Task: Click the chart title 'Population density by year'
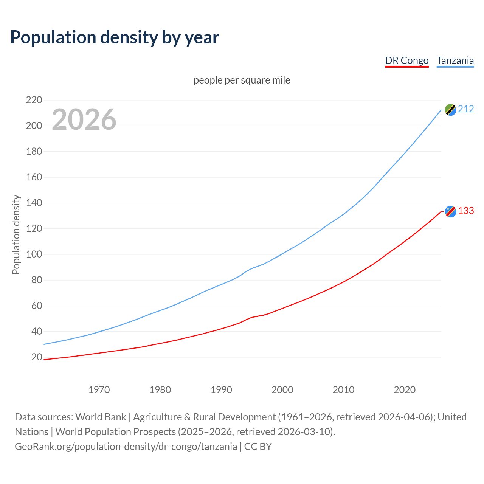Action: tap(115, 37)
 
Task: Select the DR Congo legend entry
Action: tap(406, 60)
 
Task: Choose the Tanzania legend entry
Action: tap(455, 60)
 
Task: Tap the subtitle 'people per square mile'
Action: tap(242, 80)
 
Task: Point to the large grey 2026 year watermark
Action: tap(84, 119)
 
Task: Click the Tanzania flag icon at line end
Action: tap(450, 110)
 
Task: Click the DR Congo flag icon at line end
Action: tap(450, 211)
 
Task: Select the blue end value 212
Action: tap(466, 109)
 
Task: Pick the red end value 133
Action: tap(466, 211)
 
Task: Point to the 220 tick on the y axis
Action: tap(34, 100)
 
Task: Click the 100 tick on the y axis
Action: tap(34, 254)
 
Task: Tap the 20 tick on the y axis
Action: tap(37, 357)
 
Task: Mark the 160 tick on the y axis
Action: tap(34, 177)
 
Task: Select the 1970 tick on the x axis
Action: tap(99, 390)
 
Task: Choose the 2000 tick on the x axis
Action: tap(282, 390)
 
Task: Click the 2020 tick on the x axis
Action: tap(405, 390)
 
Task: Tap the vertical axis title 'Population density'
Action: tap(16, 234)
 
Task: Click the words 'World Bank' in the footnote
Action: tap(101, 417)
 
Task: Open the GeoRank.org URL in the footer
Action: tap(126, 447)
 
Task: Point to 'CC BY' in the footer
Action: tap(258, 447)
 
